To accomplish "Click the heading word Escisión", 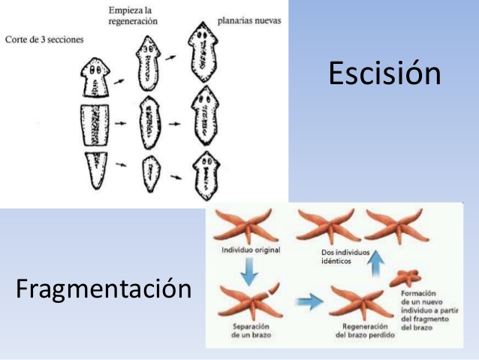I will [x=384, y=74].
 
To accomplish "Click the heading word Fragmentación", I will [x=104, y=288].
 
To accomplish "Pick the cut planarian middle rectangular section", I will [x=95, y=125].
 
